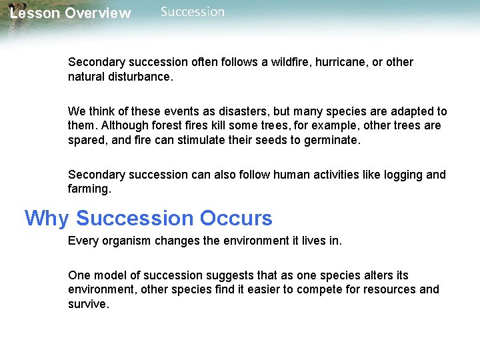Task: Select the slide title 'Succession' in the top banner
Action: (193, 12)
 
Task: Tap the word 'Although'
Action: (121, 125)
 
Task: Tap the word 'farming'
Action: (89, 189)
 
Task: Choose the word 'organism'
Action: (126, 241)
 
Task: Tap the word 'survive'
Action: (87, 304)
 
